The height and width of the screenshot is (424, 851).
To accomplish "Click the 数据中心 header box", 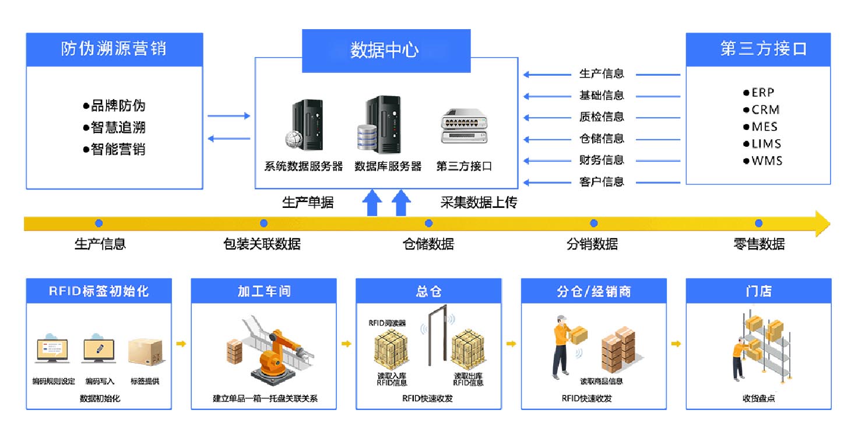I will tap(385, 50).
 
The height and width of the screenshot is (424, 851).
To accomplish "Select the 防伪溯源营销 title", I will tap(114, 49).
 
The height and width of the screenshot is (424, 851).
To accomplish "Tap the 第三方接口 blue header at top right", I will tap(758, 49).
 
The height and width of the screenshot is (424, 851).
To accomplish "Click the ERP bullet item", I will tap(762, 93).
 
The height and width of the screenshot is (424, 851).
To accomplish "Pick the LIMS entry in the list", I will tap(766, 144).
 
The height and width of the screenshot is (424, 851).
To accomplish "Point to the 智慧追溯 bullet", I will tap(115, 128).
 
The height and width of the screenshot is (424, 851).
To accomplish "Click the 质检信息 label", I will tap(601, 117).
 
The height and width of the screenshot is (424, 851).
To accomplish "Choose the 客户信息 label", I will tap(601, 182).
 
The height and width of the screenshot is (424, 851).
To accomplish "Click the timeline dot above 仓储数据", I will tap(428, 223).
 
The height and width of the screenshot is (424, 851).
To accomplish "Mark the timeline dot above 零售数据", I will tap(758, 223).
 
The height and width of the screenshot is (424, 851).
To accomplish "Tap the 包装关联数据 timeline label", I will tap(262, 244).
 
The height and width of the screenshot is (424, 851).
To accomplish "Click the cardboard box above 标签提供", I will tap(144, 352).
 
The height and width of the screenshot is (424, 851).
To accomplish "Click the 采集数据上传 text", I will tap(478, 203).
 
